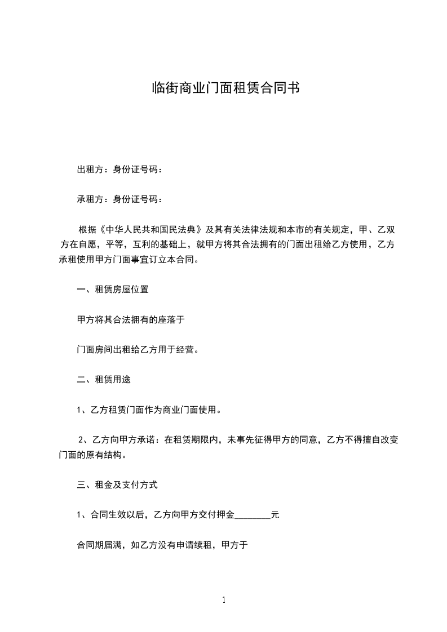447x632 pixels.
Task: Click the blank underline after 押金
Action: click(x=252, y=515)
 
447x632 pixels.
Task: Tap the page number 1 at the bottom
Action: click(x=224, y=600)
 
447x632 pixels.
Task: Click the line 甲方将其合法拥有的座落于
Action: click(x=131, y=319)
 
